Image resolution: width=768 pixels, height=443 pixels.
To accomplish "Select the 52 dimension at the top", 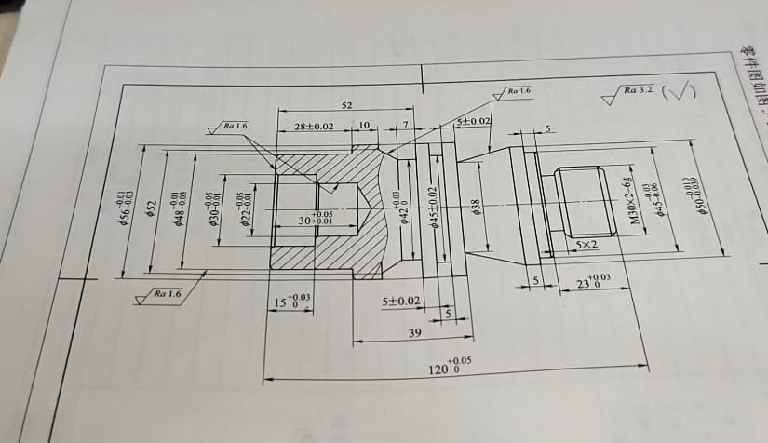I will point(346,106).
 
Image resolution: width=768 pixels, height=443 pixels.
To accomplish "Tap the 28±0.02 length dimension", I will point(314,125).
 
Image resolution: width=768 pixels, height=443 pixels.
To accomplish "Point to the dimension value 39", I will point(414,332).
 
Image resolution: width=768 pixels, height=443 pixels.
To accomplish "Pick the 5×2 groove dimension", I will point(587,244).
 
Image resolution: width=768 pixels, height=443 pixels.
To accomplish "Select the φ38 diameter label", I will point(476,207).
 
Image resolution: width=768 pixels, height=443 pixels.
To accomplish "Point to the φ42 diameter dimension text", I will point(402,208).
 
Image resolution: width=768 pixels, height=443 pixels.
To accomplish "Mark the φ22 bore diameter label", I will point(244,210).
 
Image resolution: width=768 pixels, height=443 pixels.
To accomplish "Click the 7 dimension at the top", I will point(405,125).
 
